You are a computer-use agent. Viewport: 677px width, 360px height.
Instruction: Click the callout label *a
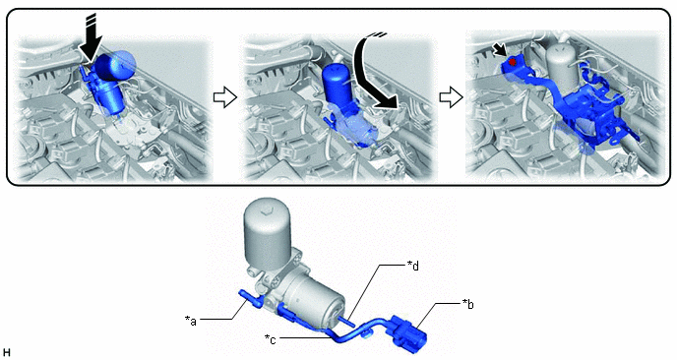tap(191, 321)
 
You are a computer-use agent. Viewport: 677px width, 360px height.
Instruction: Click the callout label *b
tap(468, 304)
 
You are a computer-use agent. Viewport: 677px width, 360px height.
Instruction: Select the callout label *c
tap(270, 338)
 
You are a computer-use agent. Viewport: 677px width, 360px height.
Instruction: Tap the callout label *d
tap(413, 265)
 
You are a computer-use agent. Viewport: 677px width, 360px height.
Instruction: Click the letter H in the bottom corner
tap(7, 352)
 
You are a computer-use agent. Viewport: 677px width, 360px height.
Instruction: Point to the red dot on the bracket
tap(513, 62)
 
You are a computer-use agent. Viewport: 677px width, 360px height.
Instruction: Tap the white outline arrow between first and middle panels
tap(225, 97)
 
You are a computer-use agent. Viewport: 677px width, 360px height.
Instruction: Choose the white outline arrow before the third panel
tap(452, 97)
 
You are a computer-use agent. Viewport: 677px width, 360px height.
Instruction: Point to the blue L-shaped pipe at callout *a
tap(249, 299)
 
